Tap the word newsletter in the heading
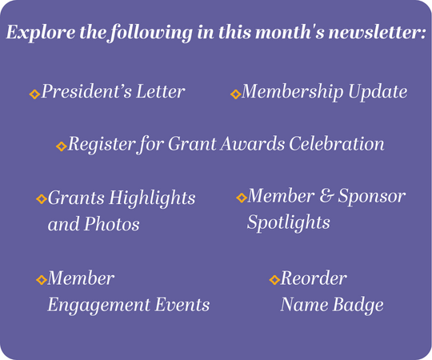(x=377, y=32)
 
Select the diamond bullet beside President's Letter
(x=34, y=94)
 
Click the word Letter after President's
(x=161, y=91)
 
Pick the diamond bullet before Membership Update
(x=235, y=94)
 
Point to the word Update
(x=378, y=92)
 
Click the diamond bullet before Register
(x=62, y=146)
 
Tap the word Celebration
(x=336, y=143)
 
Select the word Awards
(x=252, y=143)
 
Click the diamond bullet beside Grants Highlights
(x=42, y=199)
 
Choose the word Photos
(x=111, y=224)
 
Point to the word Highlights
(x=152, y=198)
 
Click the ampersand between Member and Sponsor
(x=326, y=196)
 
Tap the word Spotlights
(x=289, y=222)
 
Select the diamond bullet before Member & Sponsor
(x=242, y=198)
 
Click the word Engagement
(x=99, y=306)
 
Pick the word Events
(x=182, y=305)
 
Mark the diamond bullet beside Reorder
(x=274, y=280)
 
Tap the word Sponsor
(x=372, y=197)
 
